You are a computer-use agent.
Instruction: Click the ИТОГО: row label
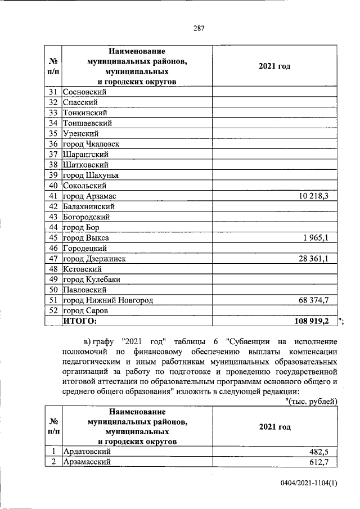(79, 321)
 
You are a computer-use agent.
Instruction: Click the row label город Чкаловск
(91, 144)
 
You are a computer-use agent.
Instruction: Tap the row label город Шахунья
(90, 175)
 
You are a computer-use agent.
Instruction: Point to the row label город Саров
(85, 310)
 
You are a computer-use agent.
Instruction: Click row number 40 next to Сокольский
(54, 186)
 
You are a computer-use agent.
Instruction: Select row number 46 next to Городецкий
(54, 248)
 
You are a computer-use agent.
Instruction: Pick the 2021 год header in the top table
(274, 67)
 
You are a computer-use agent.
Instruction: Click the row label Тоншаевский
(87, 123)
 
